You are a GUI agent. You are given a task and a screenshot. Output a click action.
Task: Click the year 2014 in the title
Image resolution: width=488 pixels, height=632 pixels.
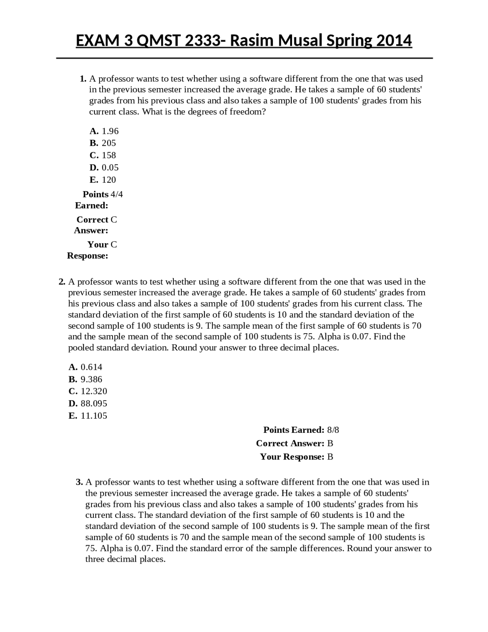point(394,40)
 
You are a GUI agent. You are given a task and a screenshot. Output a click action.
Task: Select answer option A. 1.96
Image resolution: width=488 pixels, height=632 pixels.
point(104,131)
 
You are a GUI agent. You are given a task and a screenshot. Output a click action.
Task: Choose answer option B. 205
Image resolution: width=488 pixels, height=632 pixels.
point(103,143)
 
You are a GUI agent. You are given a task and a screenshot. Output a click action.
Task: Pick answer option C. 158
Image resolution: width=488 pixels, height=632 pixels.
point(103,155)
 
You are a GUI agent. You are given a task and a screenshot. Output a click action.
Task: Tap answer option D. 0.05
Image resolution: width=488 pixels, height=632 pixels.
point(104,167)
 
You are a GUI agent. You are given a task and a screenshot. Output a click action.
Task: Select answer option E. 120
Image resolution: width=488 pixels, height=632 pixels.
point(103,179)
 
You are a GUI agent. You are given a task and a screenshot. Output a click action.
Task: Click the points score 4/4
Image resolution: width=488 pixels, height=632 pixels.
point(117,194)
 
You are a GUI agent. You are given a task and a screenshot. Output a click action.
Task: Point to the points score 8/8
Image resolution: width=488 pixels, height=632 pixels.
point(333,430)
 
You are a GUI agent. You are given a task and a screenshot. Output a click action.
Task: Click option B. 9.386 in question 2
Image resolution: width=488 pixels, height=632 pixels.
point(85,379)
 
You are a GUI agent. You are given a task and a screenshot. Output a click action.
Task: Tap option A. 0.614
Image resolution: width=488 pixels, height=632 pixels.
point(85,367)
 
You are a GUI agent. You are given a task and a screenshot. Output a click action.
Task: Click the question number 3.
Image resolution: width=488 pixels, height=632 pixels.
point(79,482)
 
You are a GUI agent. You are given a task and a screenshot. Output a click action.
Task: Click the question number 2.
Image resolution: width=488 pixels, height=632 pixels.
point(62,282)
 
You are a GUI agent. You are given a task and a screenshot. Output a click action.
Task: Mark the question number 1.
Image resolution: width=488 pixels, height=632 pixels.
point(83,79)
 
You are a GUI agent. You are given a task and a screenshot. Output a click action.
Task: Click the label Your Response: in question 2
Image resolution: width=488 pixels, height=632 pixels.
point(292,456)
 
